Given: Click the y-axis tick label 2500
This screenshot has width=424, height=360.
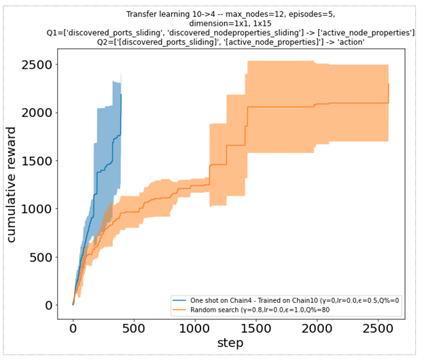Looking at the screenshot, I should click(x=39, y=65).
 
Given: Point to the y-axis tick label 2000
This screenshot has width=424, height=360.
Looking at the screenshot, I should click(x=39, y=113).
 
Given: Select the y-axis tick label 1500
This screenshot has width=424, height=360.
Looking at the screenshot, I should click(x=39, y=161).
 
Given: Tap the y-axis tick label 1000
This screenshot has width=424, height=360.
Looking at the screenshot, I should click(x=39, y=209).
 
